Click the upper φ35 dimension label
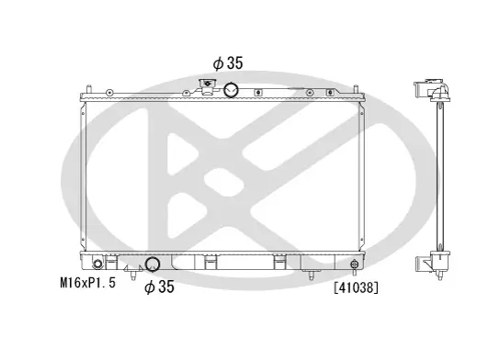coord(227,64)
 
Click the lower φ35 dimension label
coord(159,288)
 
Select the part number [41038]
coord(358,287)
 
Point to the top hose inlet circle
coord(232,89)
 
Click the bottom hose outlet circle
coord(154,266)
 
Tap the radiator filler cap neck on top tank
coord(207,88)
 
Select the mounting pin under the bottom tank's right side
coord(315,273)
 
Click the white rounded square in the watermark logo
coord(218,181)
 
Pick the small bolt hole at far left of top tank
coord(109,92)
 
